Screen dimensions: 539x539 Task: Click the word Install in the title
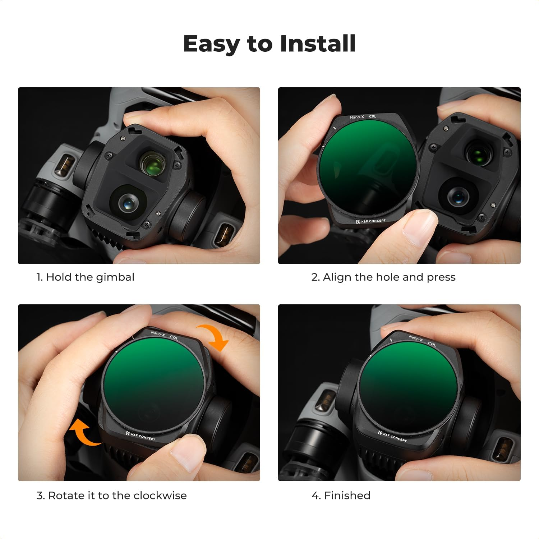318,44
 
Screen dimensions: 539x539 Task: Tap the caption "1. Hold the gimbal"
85,277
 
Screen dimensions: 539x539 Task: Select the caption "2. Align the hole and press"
383,277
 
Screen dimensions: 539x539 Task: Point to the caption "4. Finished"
341,496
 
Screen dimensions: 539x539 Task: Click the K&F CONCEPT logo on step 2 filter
370,221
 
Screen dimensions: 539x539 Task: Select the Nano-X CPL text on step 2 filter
363,117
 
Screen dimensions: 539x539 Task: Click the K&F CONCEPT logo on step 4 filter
392,436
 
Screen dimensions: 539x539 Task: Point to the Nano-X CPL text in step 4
422,340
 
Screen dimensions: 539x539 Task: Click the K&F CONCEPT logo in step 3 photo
140,436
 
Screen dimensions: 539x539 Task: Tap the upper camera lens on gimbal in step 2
478,155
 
